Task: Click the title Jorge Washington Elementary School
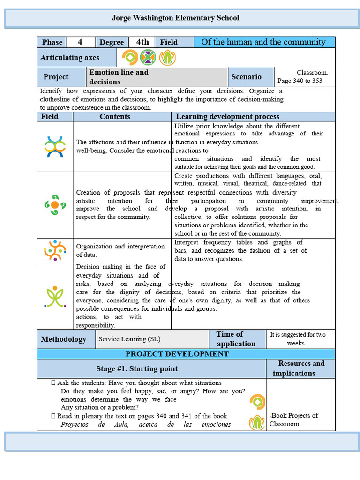175,18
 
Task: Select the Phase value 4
80,42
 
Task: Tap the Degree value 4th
142,42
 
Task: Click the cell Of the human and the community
263,42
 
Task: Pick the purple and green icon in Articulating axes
148,58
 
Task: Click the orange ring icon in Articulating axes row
130,58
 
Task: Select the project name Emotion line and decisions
119,77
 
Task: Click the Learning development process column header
227,117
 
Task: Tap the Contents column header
115,117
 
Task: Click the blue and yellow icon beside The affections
54,147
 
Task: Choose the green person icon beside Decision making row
55,296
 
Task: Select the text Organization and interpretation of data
120,250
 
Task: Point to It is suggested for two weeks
298,338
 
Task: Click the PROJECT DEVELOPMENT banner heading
177,354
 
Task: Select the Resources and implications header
300,368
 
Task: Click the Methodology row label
64,339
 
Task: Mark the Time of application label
236,339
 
